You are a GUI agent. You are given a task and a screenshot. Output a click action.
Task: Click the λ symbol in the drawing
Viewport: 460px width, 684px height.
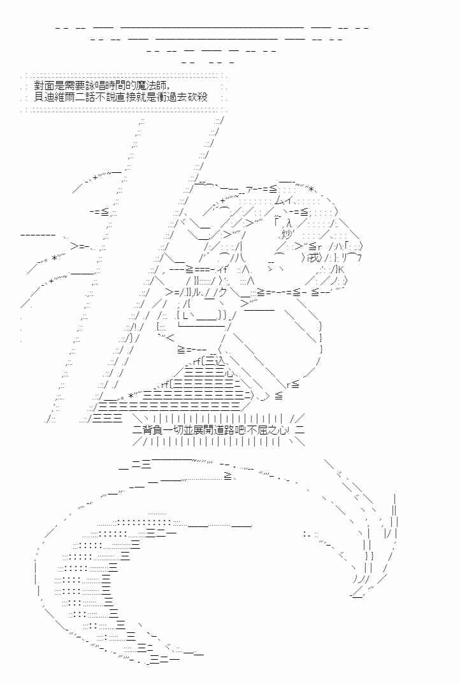[x=287, y=223]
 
